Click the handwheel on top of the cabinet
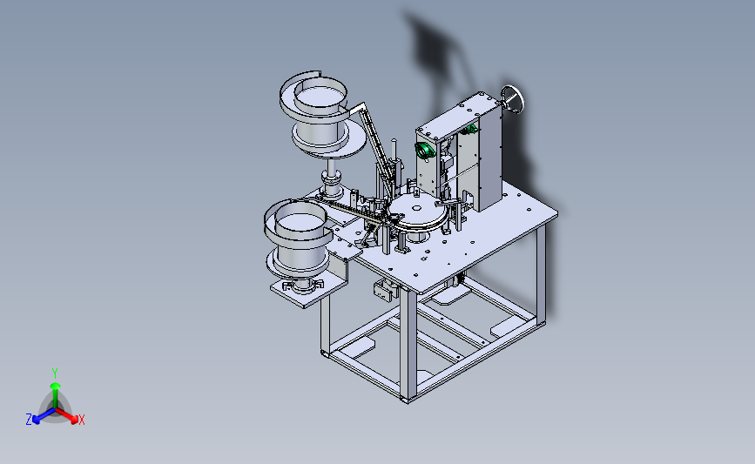click(x=512, y=99)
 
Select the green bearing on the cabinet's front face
click(x=424, y=151)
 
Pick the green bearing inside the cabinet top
click(x=469, y=129)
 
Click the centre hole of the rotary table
click(x=417, y=209)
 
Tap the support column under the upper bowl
click(x=333, y=178)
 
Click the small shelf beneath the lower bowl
click(x=308, y=288)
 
